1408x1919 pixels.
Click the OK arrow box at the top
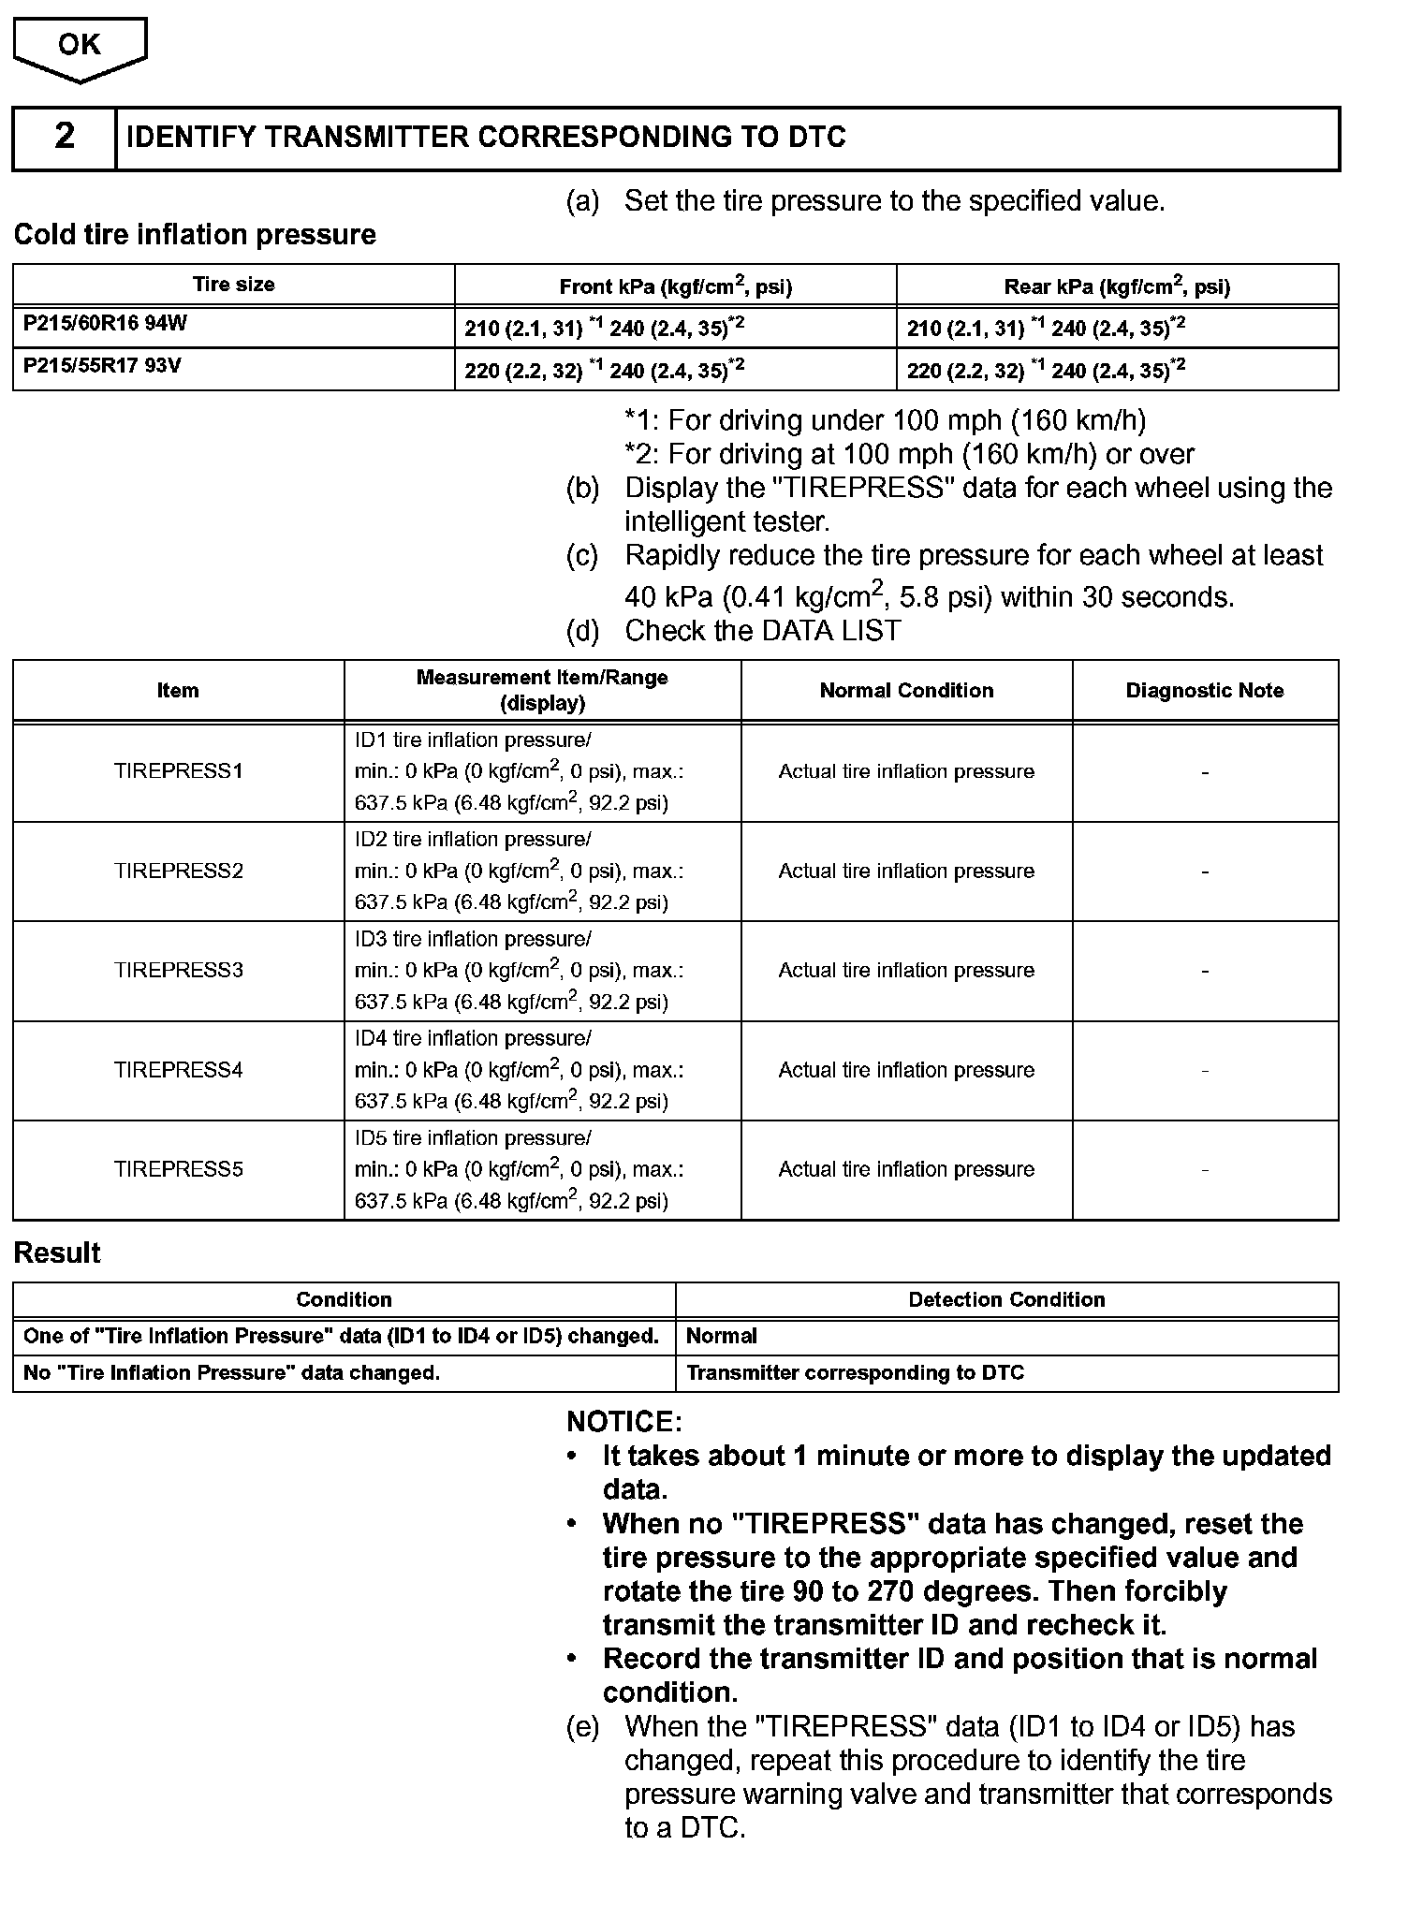80,47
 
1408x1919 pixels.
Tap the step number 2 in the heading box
64,137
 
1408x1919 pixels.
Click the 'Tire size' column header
233,285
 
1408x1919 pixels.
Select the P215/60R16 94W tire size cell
105,324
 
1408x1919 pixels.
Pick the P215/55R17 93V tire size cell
102,366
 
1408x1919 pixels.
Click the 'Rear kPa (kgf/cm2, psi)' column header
1117,286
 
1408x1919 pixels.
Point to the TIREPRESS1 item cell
178,771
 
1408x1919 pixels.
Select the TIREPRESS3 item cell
178,971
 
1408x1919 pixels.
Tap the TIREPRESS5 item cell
178,1169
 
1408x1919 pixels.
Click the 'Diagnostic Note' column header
1204,691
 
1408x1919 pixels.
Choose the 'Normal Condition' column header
906,691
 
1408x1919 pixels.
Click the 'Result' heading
57,1253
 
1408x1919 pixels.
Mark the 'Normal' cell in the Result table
721,1337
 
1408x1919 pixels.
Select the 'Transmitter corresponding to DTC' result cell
855,1373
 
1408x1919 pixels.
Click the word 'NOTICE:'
624,1422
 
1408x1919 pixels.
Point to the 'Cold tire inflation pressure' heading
195,234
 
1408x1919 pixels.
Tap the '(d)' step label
582,631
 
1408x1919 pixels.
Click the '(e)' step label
582,1726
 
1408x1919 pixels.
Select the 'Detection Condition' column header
1006,1299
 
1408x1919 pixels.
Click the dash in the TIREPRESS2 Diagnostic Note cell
1204,872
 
